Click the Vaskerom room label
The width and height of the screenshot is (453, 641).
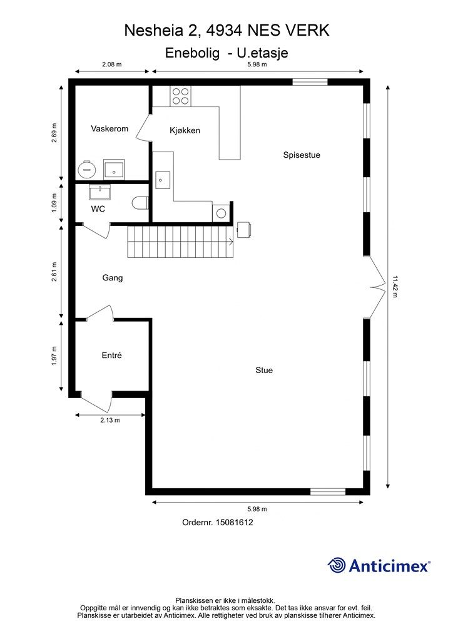point(109,129)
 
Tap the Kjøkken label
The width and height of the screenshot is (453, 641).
point(185,130)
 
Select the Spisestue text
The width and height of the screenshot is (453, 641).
point(302,155)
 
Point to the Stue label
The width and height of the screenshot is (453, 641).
point(264,370)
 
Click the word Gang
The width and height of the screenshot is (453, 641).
point(113,278)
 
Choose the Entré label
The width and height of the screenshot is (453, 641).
point(111,356)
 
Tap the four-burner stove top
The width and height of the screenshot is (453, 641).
point(181,96)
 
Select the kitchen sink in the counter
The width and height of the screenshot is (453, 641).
point(163,180)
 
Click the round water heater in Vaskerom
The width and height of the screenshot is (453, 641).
point(86,169)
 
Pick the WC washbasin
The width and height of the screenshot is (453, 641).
point(99,192)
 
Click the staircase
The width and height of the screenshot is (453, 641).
point(181,242)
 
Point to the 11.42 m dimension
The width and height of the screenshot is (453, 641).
point(394,287)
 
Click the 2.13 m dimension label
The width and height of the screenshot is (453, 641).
point(110,420)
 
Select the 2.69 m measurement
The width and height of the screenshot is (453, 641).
point(54,133)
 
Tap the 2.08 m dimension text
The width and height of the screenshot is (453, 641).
point(112,64)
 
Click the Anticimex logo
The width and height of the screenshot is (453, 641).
point(379,565)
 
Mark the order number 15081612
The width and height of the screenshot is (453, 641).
point(234,522)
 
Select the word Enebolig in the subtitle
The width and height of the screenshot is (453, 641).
point(192,53)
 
